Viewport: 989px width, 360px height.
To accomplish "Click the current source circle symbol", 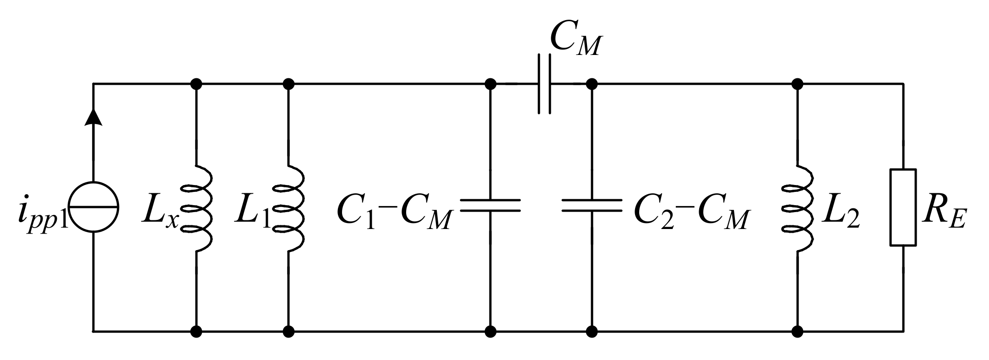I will point(94,207).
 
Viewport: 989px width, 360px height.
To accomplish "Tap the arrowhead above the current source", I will point(94,118).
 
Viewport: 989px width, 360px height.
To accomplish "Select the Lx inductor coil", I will point(198,208).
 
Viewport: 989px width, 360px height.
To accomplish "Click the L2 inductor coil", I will point(799,208).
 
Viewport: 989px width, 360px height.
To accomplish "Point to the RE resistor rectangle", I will point(903,207).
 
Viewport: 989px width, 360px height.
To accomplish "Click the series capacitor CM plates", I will point(544,84).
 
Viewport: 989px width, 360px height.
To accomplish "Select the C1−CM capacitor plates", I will point(490,205).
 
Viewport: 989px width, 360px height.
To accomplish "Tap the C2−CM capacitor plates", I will point(592,205).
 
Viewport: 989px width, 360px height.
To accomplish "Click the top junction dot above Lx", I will point(196,84).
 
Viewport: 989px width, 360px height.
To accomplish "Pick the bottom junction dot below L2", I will point(798,331).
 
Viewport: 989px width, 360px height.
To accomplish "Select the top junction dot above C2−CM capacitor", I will point(592,84).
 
